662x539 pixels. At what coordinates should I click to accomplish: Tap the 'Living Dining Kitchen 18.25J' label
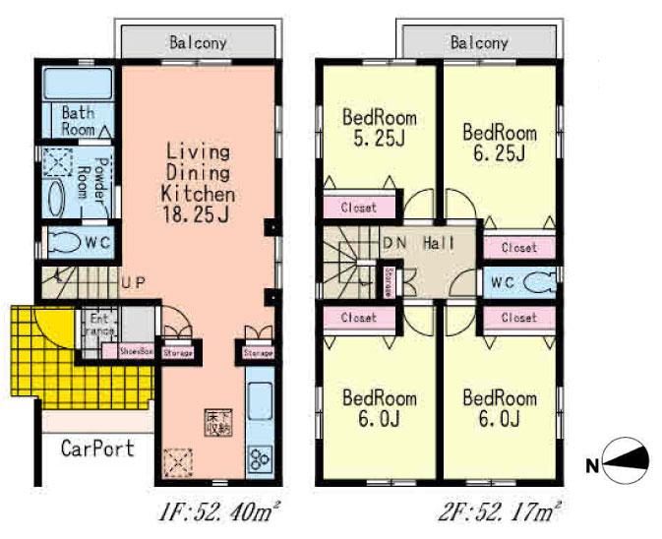tap(198, 183)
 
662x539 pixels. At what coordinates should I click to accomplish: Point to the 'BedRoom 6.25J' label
tap(499, 143)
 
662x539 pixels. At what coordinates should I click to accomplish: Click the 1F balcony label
tap(198, 43)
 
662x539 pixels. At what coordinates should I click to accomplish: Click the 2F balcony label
tap(479, 43)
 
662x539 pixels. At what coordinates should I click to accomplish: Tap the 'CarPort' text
tap(97, 449)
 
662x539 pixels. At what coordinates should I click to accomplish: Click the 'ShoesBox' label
tap(136, 350)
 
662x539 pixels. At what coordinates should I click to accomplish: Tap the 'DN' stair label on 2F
tap(394, 243)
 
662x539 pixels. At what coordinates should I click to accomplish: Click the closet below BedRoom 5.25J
tap(359, 208)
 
